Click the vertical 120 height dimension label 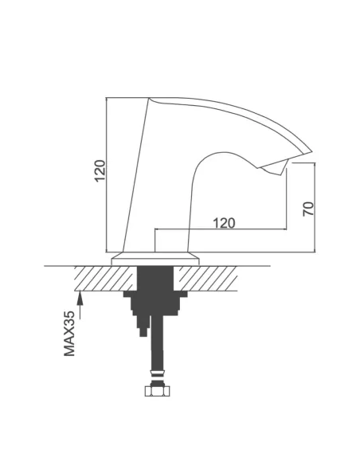coord(100,171)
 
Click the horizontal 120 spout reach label coord(224,223)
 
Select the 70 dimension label coord(308,209)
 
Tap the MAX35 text coord(69,334)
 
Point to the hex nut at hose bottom coord(158,391)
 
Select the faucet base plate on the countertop coord(155,259)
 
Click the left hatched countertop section coord(106,278)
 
